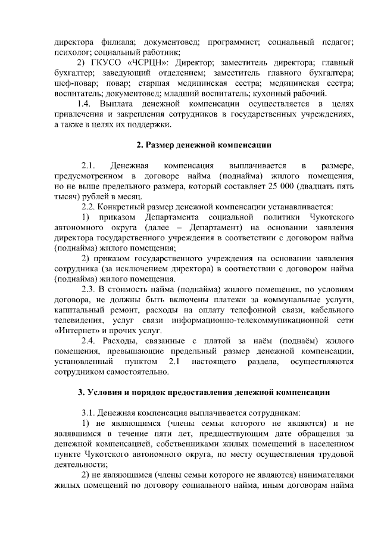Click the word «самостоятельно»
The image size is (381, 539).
[x=135, y=372]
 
